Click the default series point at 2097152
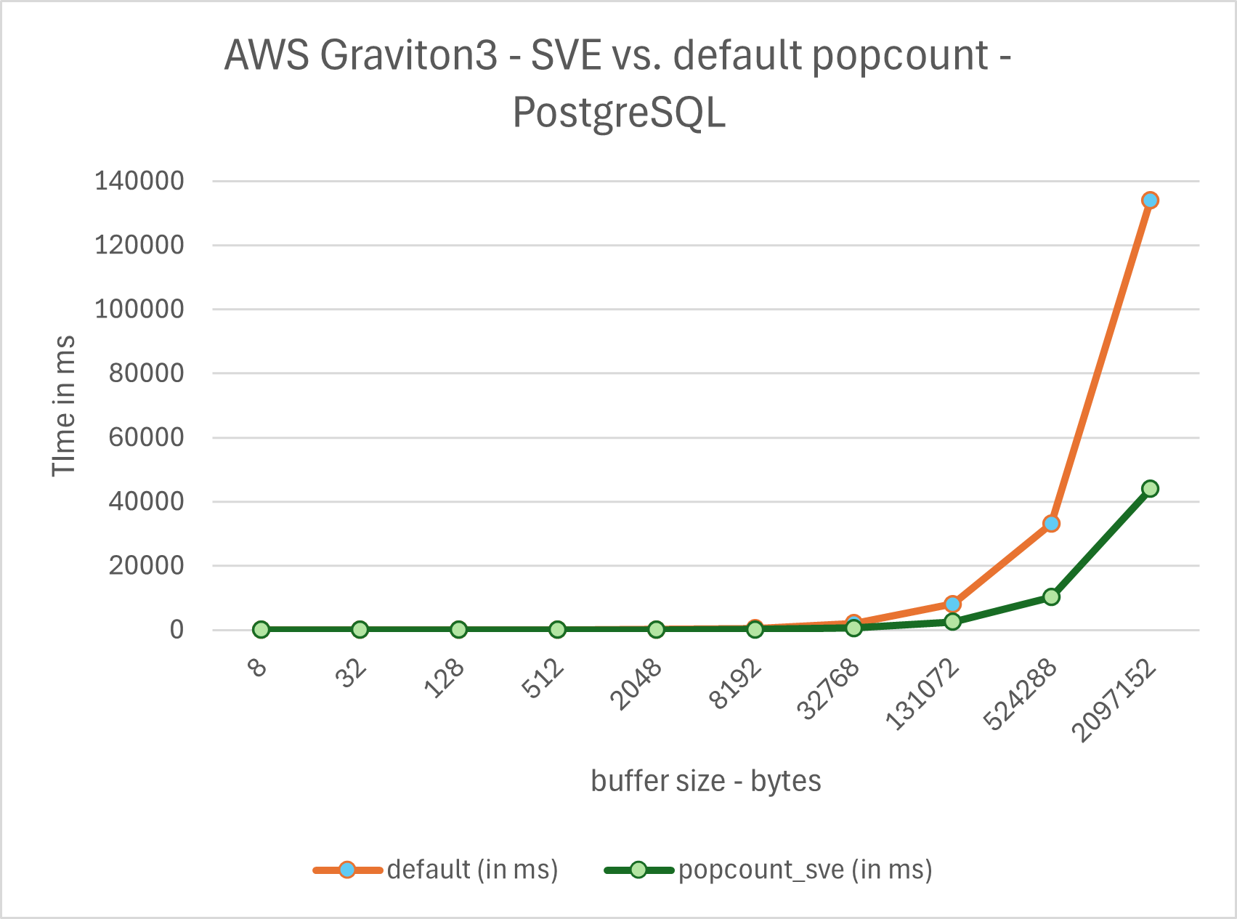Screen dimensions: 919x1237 pyautogui.click(x=1149, y=200)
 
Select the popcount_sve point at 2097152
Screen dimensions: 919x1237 pyautogui.click(x=1149, y=488)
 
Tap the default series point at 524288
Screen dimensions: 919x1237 pyautogui.click(x=1050, y=523)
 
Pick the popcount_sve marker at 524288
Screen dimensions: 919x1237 pyautogui.click(x=1050, y=596)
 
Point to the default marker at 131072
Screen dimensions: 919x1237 pyautogui.click(x=952, y=604)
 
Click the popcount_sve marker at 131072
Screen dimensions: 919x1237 pyautogui.click(x=952, y=622)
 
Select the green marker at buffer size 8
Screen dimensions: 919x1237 pyautogui.click(x=261, y=629)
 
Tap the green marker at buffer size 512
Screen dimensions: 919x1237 pyautogui.click(x=557, y=629)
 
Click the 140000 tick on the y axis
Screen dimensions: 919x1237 pyautogui.click(x=139, y=181)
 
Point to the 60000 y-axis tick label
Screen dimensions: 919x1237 pyautogui.click(x=146, y=437)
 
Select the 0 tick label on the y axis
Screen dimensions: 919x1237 pyautogui.click(x=177, y=630)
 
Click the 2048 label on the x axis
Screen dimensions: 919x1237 pyautogui.click(x=636, y=684)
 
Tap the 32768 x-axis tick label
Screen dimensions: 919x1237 pyautogui.click(x=829, y=689)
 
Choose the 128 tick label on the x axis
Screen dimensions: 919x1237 pyautogui.click(x=445, y=679)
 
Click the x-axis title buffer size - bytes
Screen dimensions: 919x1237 pyautogui.click(x=705, y=781)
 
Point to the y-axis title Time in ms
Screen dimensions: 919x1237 pyautogui.click(x=64, y=405)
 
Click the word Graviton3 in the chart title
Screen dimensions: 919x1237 pyautogui.click(x=409, y=55)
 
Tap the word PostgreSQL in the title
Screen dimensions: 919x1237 pyautogui.click(x=619, y=113)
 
